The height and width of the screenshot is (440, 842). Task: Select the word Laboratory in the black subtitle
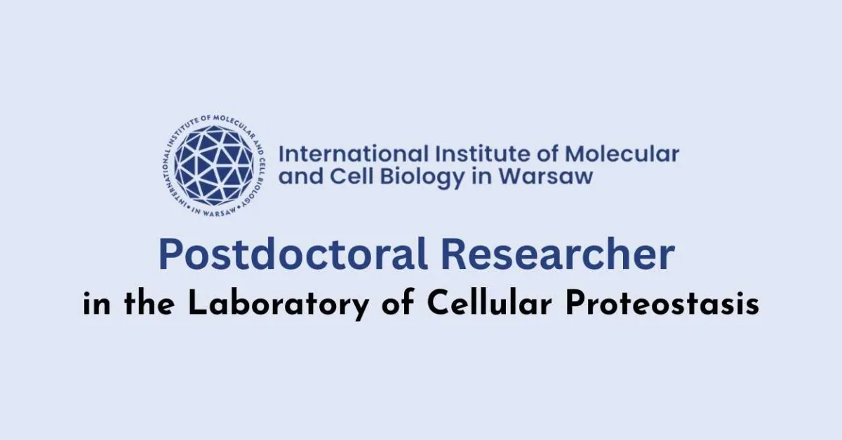point(263,305)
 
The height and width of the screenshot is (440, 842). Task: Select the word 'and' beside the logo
point(301,177)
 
